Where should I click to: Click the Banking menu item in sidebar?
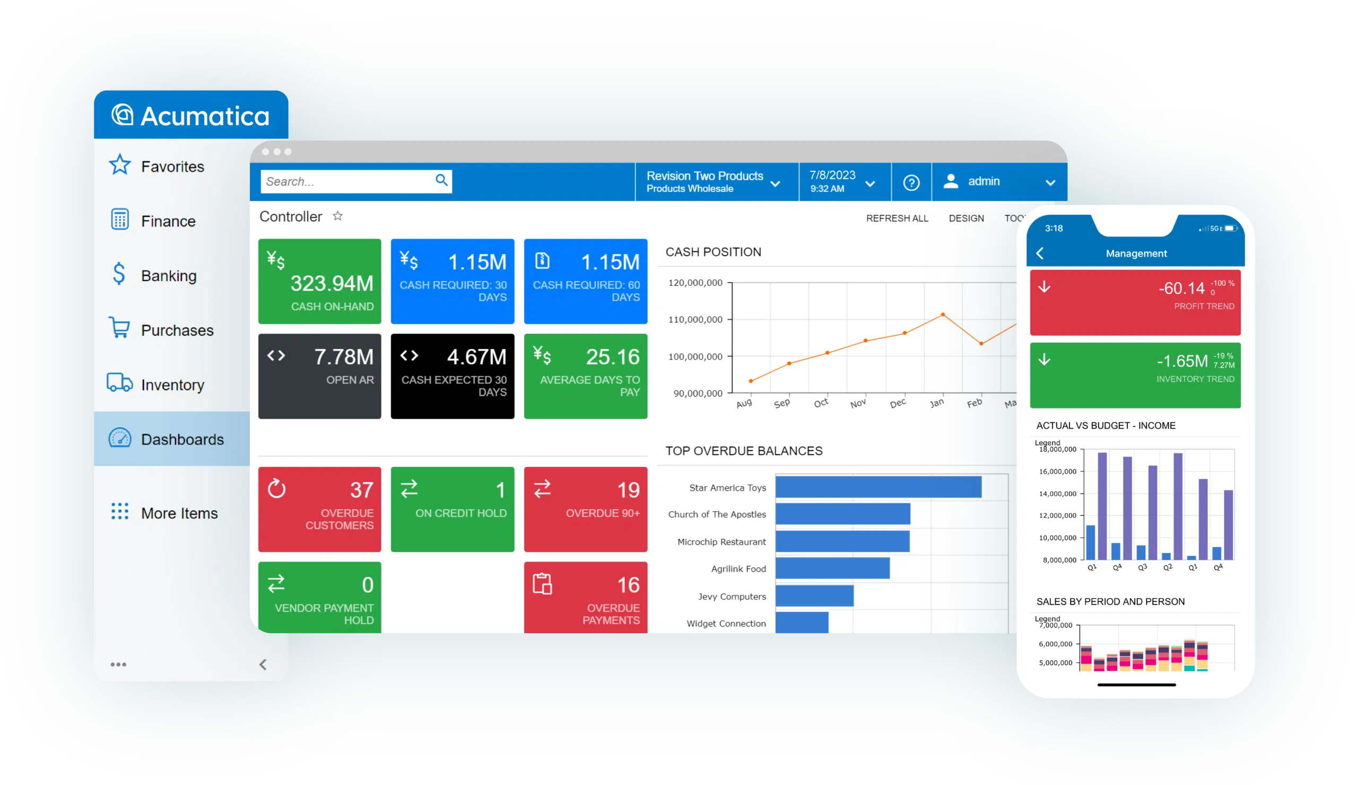coord(168,276)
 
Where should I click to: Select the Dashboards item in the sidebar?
coord(181,439)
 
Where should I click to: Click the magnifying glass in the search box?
coord(441,180)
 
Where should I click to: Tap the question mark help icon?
coord(911,182)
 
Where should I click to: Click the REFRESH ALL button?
coord(896,218)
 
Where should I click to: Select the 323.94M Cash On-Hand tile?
coord(319,281)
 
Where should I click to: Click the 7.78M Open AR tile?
coord(319,376)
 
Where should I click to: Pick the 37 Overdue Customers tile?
coord(319,509)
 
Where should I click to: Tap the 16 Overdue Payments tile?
coord(585,597)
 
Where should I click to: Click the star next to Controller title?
coord(338,216)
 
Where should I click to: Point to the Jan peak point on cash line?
coord(943,315)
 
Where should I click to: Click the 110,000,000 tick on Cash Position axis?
coord(695,319)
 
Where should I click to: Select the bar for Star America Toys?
coord(878,487)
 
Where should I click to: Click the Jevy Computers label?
coord(732,596)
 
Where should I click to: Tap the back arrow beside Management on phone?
coord(1040,253)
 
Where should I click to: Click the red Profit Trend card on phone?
coord(1135,303)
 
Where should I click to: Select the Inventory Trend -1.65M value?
coord(1182,361)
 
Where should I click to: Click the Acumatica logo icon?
coord(123,115)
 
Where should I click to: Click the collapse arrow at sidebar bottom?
coord(263,664)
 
